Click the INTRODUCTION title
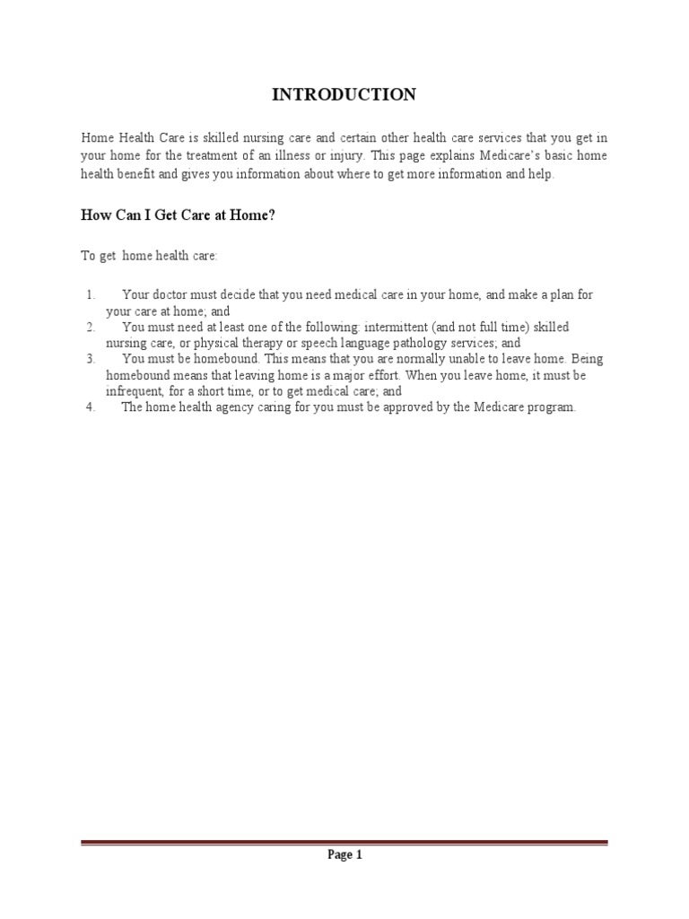pyautogui.click(x=344, y=94)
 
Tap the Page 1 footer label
pyautogui.click(x=344, y=855)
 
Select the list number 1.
pyautogui.click(x=91, y=294)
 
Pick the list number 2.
pyautogui.click(x=91, y=327)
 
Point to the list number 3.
pyautogui.click(x=91, y=359)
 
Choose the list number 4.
pyautogui.click(x=91, y=407)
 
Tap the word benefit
pyautogui.click(x=133, y=174)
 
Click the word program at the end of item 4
pyautogui.click(x=551, y=407)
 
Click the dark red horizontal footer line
pyautogui.click(x=344, y=843)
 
